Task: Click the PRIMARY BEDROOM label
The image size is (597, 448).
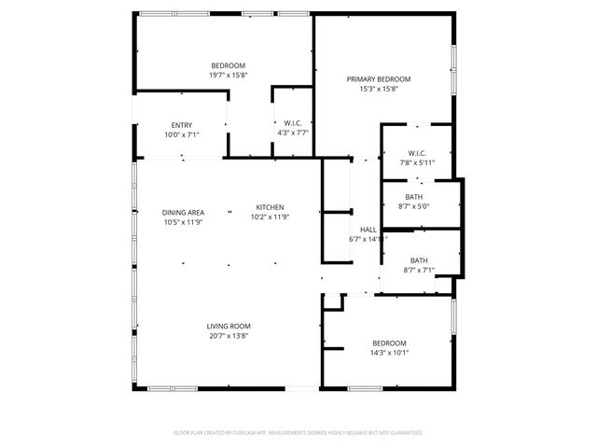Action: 379,79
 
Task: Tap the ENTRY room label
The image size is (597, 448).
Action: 182,126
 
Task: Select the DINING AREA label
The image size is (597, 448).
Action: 183,212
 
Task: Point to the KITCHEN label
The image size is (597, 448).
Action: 271,207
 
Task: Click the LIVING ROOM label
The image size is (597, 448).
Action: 229,326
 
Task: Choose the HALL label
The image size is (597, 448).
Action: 368,230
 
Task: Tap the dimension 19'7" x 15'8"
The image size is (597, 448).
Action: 228,75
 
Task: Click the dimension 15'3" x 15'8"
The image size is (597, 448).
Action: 379,90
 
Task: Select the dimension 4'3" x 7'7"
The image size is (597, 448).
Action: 293,133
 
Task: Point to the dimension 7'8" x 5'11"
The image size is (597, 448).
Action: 417,162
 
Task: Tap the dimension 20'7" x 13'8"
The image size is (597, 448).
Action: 229,336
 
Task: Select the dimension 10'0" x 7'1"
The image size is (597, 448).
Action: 182,135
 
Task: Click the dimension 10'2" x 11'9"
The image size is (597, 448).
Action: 271,217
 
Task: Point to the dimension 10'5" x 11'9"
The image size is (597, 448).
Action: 183,222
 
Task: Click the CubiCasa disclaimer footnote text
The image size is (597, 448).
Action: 298,433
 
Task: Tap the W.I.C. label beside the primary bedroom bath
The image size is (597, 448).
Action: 417,153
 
